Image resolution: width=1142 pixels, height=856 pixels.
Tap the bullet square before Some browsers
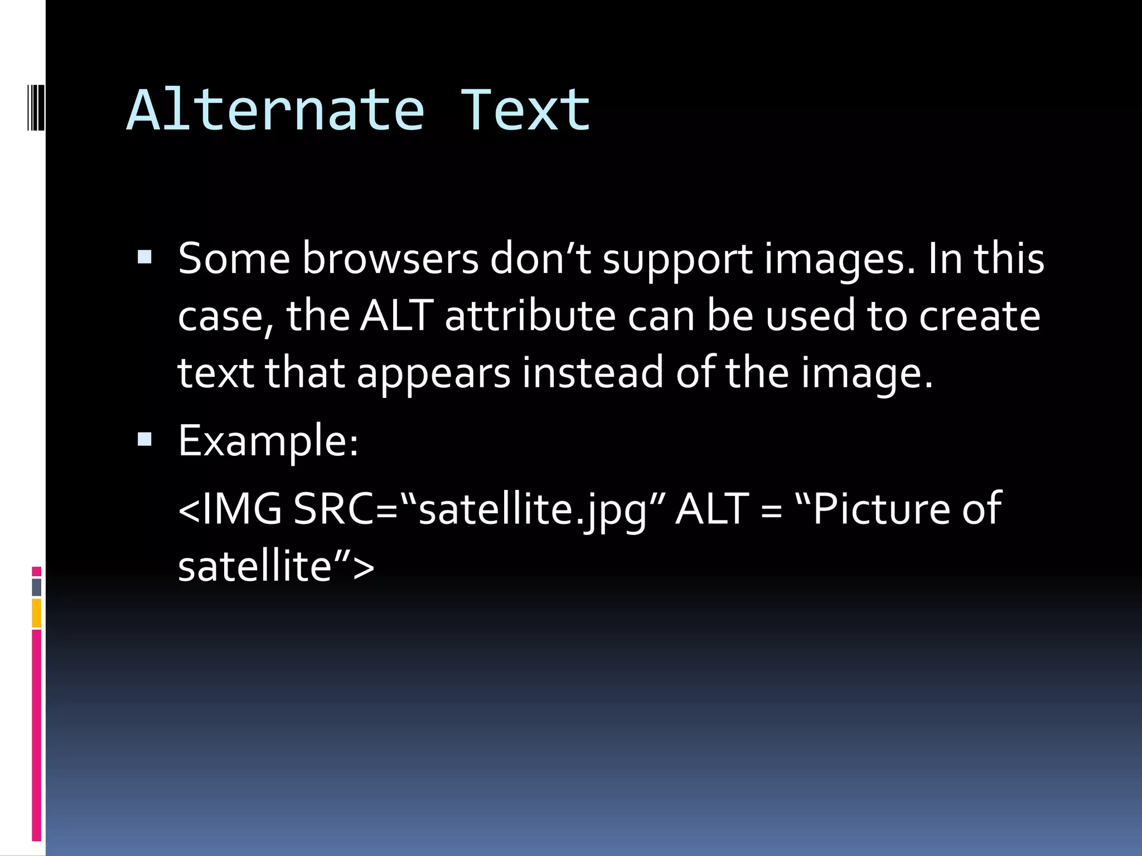pyautogui.click(x=144, y=257)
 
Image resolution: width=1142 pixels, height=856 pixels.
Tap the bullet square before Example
pyautogui.click(x=144, y=440)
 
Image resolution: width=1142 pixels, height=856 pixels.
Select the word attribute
pyautogui.click(x=530, y=316)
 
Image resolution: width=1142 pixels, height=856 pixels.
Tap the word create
pyautogui.click(x=979, y=316)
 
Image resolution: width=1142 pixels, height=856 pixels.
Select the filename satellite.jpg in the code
pyautogui.click(x=533, y=510)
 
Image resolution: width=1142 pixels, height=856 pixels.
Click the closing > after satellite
pyautogui.click(x=364, y=567)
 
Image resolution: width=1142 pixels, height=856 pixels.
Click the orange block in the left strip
pyautogui.click(x=36, y=612)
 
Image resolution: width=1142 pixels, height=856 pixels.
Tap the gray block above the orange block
pyautogui.click(x=36, y=587)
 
